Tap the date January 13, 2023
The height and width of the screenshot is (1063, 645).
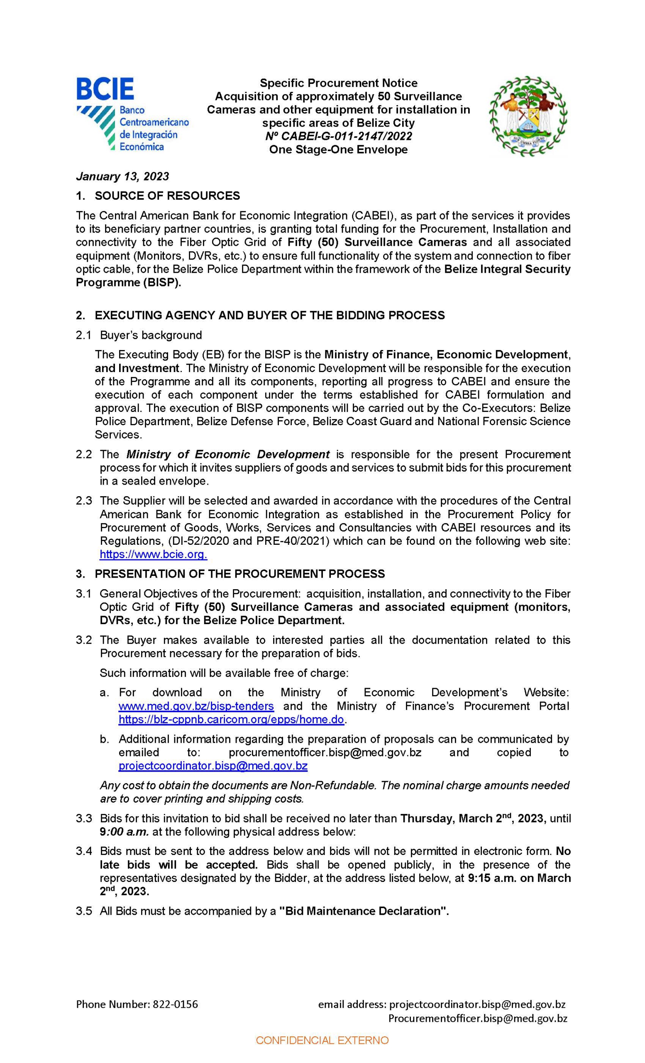coord(122,176)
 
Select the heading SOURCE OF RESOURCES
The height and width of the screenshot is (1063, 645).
coord(167,196)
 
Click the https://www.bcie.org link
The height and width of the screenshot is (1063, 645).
coord(153,554)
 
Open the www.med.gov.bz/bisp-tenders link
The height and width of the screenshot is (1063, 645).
coord(196,706)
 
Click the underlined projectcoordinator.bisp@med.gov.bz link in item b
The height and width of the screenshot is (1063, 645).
coord(213,766)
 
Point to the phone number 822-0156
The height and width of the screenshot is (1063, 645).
coord(175,1004)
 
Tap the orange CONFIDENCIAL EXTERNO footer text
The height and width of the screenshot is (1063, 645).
coord(322,1041)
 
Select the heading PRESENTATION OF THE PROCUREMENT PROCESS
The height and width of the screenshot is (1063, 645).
coord(239,574)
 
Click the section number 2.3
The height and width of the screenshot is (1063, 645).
coord(84,501)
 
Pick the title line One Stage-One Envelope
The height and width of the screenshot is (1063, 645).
coord(338,150)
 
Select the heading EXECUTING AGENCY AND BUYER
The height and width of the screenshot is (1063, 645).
coord(269,315)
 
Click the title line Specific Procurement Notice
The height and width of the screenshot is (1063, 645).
coord(338,83)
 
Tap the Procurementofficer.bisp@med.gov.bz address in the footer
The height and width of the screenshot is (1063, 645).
coord(477,1018)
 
